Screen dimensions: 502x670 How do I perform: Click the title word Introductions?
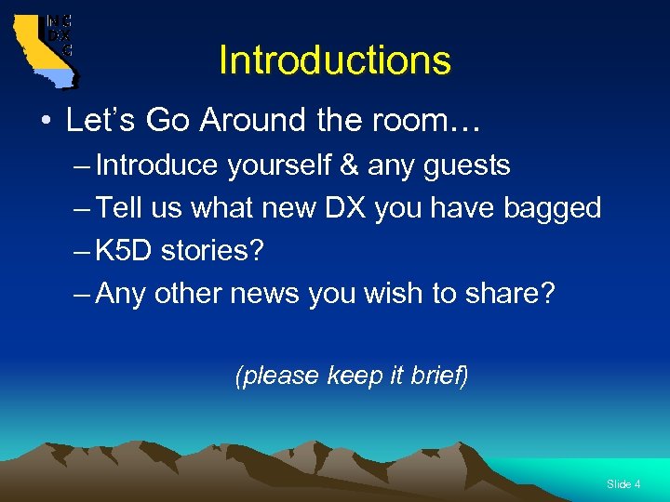pos(334,61)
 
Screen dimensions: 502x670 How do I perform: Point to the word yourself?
pos(280,165)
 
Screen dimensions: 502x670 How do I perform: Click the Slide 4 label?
pos(623,484)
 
